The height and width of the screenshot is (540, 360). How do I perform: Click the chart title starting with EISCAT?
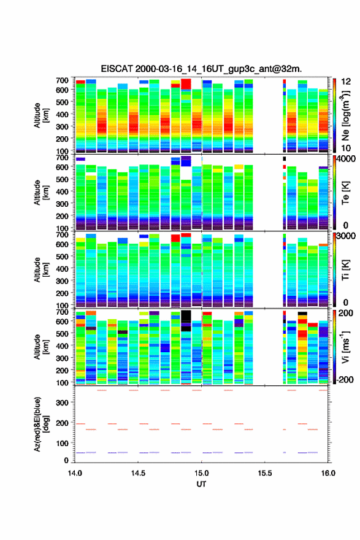[201, 69]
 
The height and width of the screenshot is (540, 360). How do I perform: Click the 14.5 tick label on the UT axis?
[138, 473]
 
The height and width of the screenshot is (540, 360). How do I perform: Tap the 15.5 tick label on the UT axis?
[265, 473]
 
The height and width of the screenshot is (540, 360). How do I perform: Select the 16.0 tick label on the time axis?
[328, 473]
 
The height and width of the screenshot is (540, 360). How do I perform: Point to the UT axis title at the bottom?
[201, 484]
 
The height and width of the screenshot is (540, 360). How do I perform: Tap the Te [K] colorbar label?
[345, 193]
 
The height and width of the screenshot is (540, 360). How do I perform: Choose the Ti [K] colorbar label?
[345, 270]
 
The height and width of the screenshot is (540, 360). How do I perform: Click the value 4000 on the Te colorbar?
[347, 160]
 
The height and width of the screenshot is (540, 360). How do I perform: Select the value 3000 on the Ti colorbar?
[347, 236]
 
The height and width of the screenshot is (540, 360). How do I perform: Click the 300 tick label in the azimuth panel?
[62, 403]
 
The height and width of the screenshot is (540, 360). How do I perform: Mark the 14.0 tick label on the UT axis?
[75, 473]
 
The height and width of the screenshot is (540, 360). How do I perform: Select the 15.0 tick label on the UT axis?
[201, 473]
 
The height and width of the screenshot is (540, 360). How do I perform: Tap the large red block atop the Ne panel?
[186, 83]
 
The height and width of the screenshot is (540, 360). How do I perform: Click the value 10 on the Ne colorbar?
[345, 148]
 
